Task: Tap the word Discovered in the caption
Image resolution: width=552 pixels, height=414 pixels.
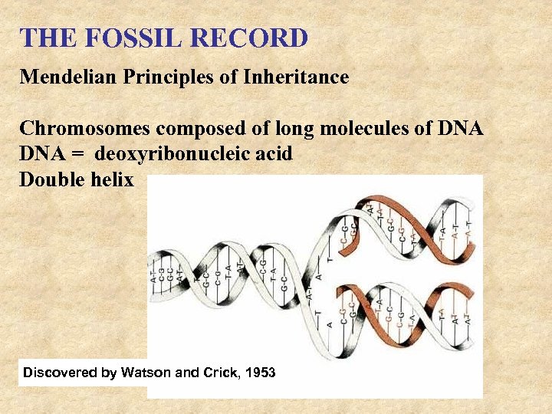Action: pos(60,373)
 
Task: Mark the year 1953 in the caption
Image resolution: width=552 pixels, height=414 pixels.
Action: pos(259,373)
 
